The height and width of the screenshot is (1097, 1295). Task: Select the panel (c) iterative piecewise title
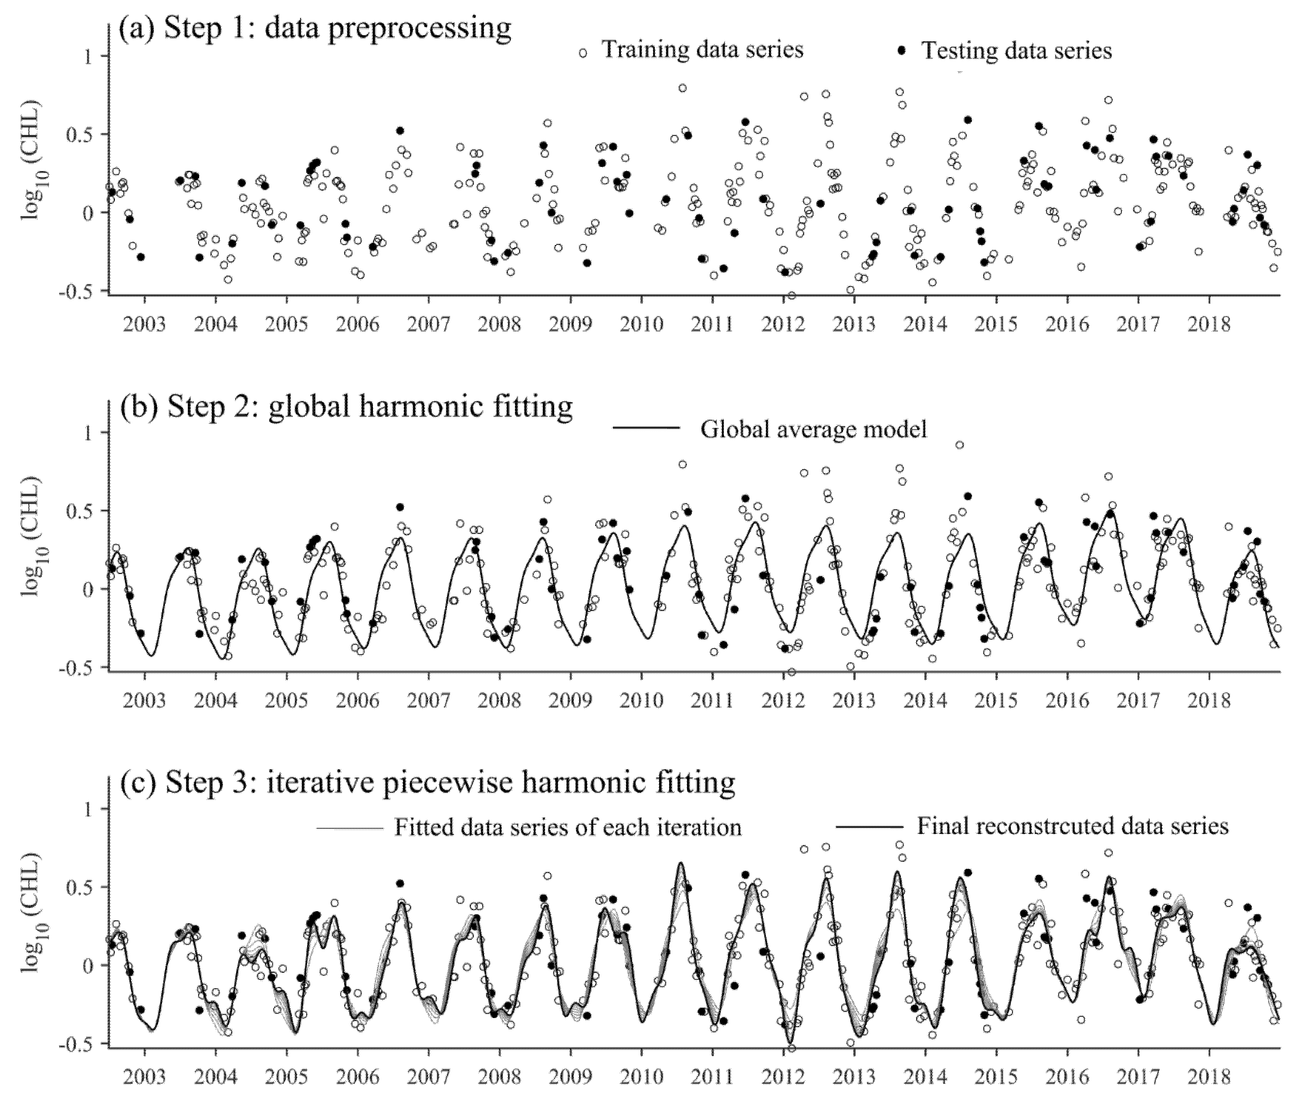coord(427,782)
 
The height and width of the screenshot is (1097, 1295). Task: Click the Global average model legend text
coord(813,429)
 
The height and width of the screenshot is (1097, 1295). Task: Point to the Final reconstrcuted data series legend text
coord(1072,826)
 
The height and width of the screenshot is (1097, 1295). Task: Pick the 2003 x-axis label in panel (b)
coord(144,701)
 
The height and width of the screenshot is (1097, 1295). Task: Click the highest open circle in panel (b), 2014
coord(959,444)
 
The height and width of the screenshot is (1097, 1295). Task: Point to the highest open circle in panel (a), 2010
coord(682,88)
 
